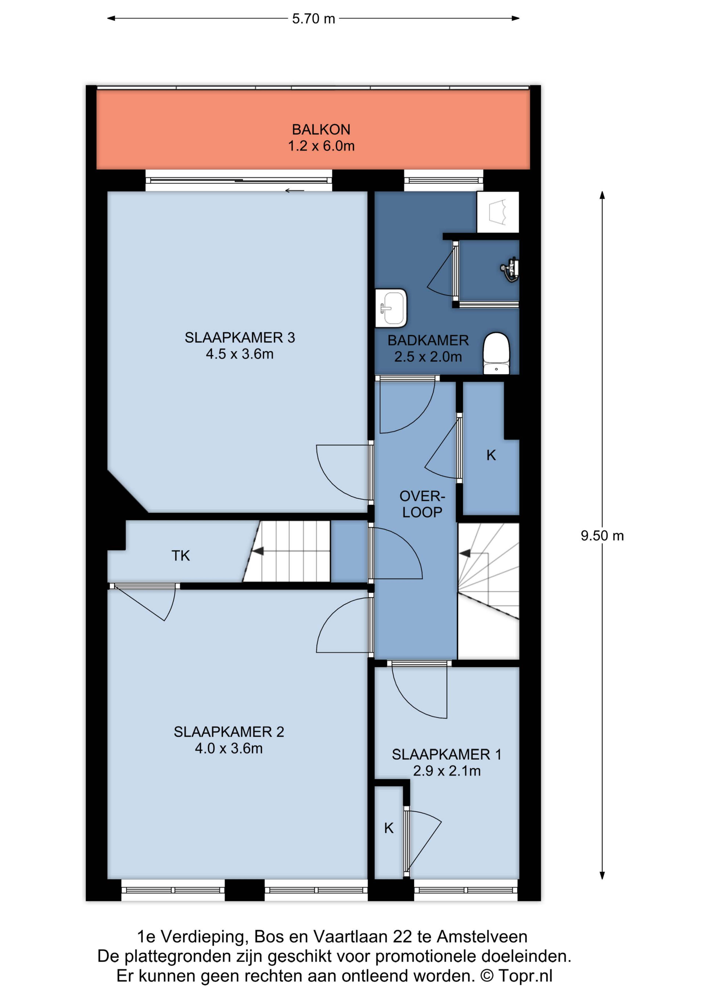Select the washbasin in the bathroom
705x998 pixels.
pos(391,308)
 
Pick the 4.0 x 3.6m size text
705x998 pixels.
pos(229,748)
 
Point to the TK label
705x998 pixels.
pos(181,555)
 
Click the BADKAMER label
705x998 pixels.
pos(428,340)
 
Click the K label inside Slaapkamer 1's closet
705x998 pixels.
pos(389,828)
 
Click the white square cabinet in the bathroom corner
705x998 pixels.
pos(498,212)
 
